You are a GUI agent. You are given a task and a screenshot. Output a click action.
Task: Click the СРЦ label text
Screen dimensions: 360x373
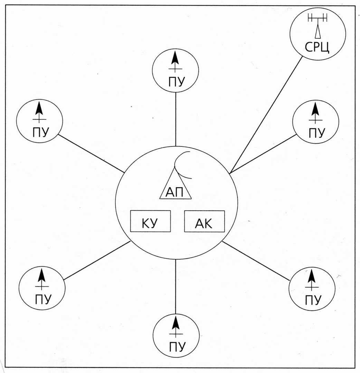coord(317,47)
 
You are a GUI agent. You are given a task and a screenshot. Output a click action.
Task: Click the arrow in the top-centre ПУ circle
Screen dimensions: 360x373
coord(176,61)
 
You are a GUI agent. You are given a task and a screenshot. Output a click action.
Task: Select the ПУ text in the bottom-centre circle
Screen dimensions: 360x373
coord(177,347)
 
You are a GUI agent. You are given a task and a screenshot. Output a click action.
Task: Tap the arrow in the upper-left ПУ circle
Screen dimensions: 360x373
coord(39,112)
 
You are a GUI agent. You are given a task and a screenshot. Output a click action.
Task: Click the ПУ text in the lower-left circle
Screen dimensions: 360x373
coord(43,299)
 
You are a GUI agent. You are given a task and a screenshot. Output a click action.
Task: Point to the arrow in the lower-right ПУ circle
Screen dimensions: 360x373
coord(312,280)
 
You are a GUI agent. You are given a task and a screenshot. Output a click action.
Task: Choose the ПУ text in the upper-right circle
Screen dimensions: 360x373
coord(317,133)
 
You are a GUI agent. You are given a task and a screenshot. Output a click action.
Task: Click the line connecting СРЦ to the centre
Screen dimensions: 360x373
coord(266,115)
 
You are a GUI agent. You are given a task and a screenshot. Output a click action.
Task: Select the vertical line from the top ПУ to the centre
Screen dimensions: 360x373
coord(176,119)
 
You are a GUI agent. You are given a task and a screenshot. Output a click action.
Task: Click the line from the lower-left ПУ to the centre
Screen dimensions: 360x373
coord(97,260)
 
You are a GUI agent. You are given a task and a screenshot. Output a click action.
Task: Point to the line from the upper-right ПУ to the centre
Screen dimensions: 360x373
coord(263,154)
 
